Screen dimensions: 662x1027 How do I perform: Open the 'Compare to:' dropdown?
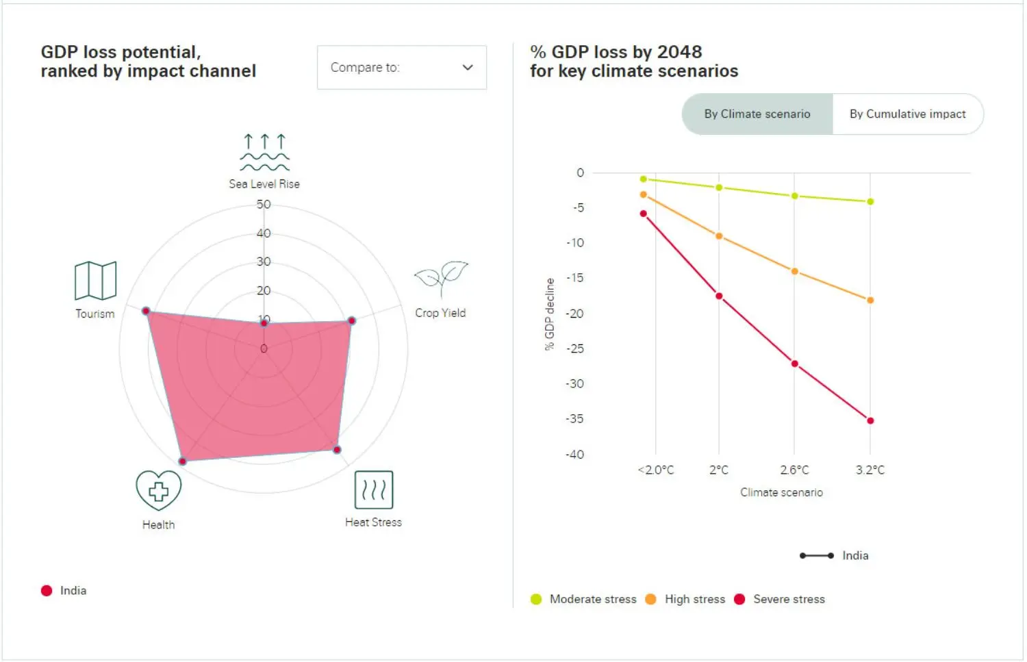pyautogui.click(x=401, y=67)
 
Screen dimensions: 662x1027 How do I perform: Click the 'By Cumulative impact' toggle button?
pyautogui.click(x=907, y=114)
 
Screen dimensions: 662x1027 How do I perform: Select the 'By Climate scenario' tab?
pyautogui.click(x=757, y=114)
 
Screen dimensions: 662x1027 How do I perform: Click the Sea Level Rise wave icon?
pyautogui.click(x=264, y=152)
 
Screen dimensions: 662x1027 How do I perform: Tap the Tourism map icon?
pyautogui.click(x=95, y=281)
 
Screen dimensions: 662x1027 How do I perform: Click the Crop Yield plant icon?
pyautogui.click(x=441, y=278)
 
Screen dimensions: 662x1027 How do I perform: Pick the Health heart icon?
pyautogui.click(x=158, y=490)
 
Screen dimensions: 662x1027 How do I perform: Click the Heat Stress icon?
pyautogui.click(x=374, y=489)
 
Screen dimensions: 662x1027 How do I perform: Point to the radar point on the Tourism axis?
pyautogui.click(x=146, y=311)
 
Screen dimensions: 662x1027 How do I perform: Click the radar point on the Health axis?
pyautogui.click(x=182, y=461)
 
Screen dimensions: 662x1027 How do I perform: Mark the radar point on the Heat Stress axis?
pyautogui.click(x=337, y=450)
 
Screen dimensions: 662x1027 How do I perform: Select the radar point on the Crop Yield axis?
pyautogui.click(x=352, y=320)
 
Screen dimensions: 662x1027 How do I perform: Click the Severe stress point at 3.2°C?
pyautogui.click(x=870, y=420)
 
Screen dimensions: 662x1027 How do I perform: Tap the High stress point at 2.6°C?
pyautogui.click(x=794, y=271)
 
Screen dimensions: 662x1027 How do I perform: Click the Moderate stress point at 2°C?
pyautogui.click(x=719, y=187)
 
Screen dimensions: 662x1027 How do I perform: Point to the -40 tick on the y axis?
pyautogui.click(x=575, y=455)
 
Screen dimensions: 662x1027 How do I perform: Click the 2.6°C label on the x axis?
pyautogui.click(x=794, y=470)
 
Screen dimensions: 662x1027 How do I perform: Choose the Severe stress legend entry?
pyautogui.click(x=780, y=599)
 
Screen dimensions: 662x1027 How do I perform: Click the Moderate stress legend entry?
pyautogui.click(x=584, y=599)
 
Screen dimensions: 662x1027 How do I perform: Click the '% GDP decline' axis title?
pyautogui.click(x=549, y=314)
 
